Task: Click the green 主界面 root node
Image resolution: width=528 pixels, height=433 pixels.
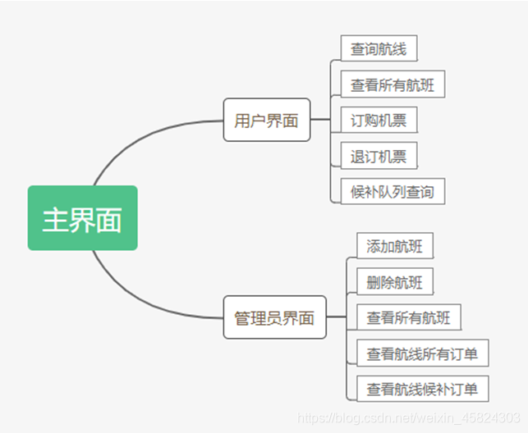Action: pyautogui.click(x=82, y=218)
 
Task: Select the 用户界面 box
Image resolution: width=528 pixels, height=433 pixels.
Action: pyautogui.click(x=266, y=121)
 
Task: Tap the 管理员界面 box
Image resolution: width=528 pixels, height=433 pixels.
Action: pyautogui.click(x=274, y=317)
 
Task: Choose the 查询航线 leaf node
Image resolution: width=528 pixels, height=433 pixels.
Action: pyautogui.click(x=378, y=48)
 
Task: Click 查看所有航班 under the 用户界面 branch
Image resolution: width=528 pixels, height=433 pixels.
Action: pyautogui.click(x=393, y=84)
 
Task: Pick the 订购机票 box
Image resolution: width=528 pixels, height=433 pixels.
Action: pyautogui.click(x=378, y=121)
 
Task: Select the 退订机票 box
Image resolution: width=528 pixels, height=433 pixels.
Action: pyautogui.click(x=378, y=156)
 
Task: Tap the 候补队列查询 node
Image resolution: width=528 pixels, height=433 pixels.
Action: pyautogui.click(x=392, y=192)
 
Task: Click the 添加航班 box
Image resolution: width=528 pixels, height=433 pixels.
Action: pyautogui.click(x=394, y=246)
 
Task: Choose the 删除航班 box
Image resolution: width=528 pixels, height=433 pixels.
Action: pyautogui.click(x=394, y=282)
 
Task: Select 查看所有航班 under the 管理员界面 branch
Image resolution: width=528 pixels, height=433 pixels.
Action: pyautogui.click(x=408, y=317)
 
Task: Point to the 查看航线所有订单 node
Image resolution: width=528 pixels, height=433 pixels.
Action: pyautogui.click(x=422, y=353)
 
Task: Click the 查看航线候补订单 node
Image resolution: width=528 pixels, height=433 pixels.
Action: pyautogui.click(x=422, y=388)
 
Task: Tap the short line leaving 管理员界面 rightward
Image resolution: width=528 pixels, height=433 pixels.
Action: pyautogui.click(x=336, y=317)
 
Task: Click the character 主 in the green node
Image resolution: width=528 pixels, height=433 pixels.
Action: pyautogui.click(x=55, y=219)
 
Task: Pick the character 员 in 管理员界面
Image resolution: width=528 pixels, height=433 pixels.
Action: pyautogui.click(x=274, y=318)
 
